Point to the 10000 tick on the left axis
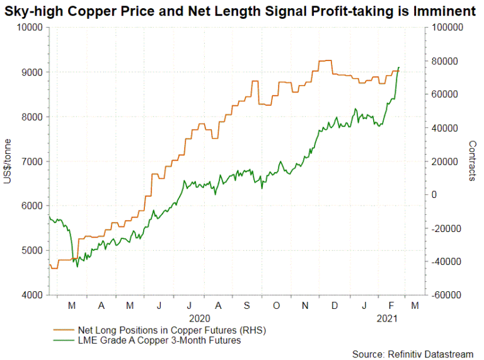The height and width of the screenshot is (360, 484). pos(29,28)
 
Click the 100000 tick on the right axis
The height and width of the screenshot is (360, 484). pos(447,28)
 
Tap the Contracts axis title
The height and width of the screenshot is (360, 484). pos(472,161)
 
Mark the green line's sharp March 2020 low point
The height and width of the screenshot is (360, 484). pos(77,267)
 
